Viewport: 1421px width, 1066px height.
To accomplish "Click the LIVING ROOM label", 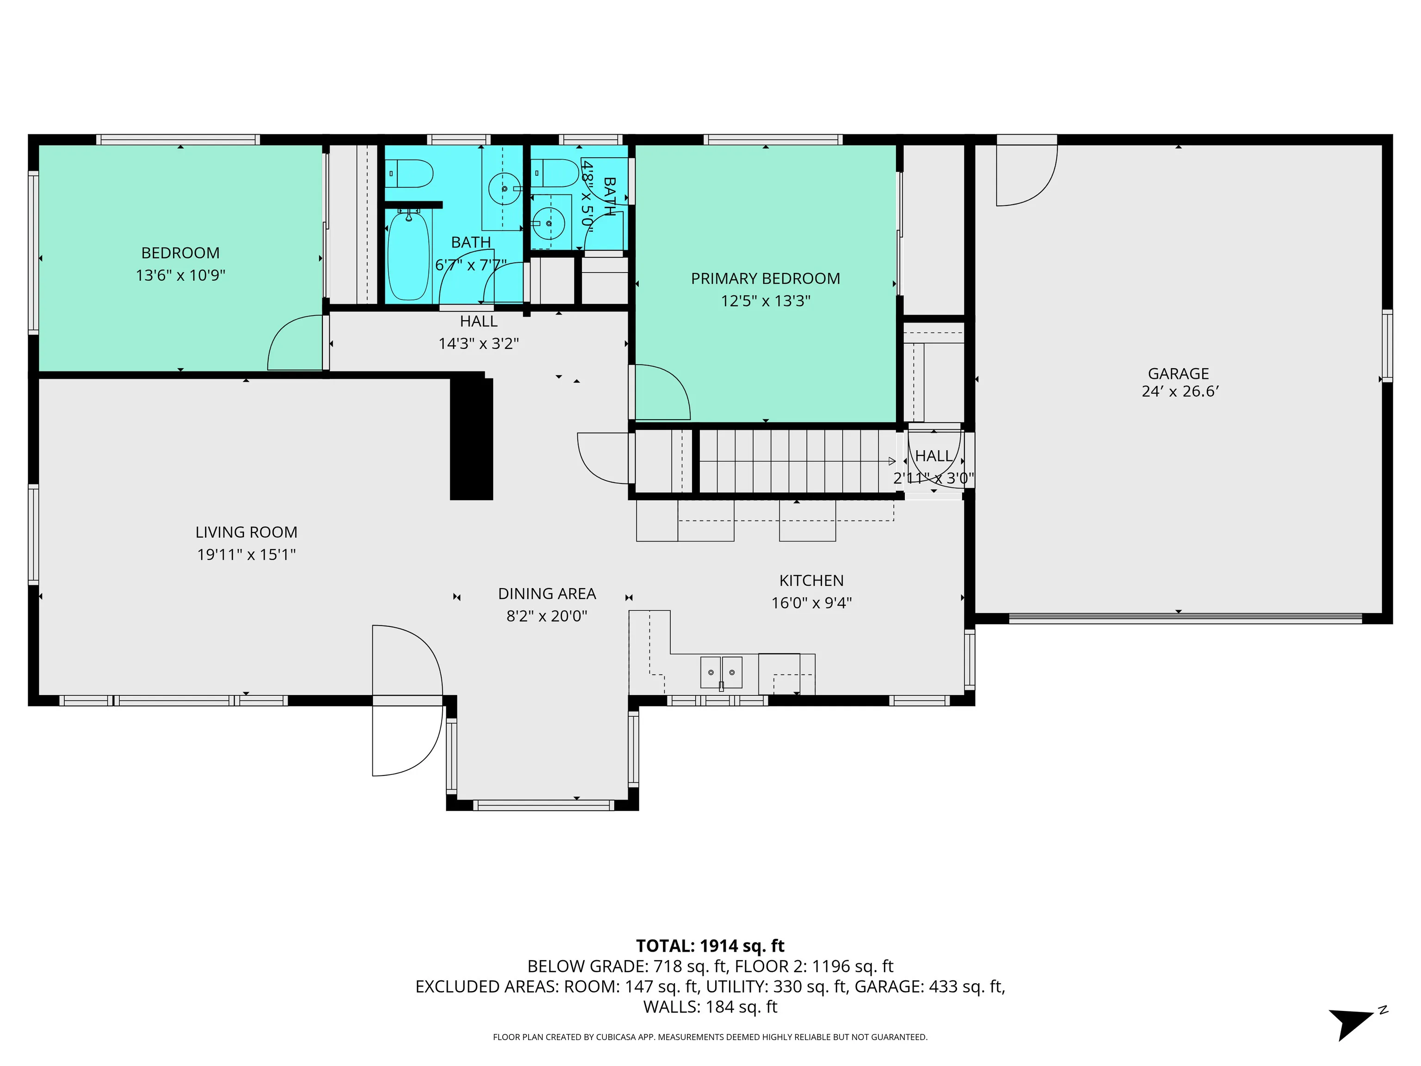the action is click(246, 532).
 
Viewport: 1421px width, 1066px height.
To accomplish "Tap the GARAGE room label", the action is click(1178, 373).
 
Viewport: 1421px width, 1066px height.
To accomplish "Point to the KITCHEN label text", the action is click(811, 580).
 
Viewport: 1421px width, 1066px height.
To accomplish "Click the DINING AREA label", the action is click(547, 594).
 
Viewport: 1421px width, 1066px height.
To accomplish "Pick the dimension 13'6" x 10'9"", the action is click(180, 275).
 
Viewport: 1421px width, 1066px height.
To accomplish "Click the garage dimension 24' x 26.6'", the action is click(1180, 391).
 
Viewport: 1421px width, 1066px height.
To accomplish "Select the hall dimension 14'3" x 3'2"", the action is click(479, 343).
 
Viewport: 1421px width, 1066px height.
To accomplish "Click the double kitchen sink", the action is click(721, 672).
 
